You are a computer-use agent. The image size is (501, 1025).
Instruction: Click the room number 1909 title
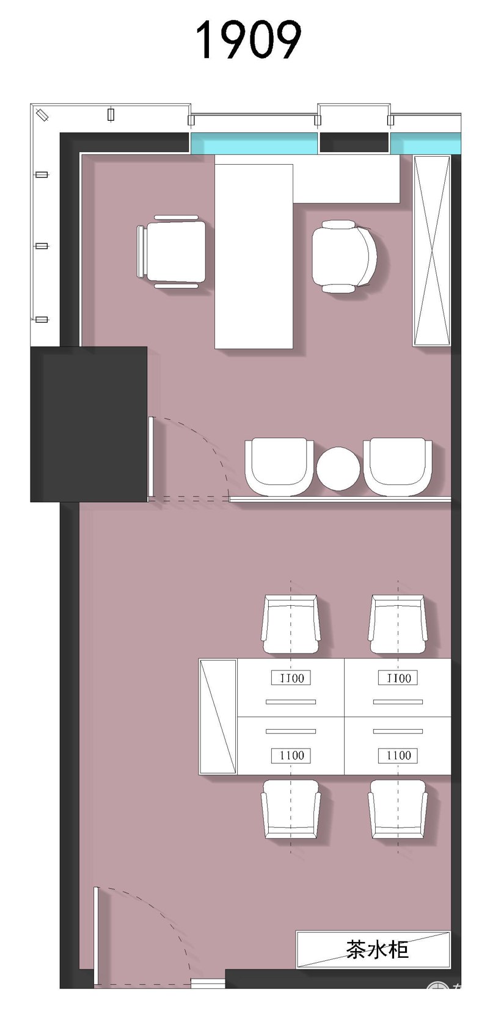pyautogui.click(x=249, y=40)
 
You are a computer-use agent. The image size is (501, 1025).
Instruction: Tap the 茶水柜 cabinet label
pyautogui.click(x=377, y=949)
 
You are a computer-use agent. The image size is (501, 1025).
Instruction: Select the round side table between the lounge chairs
pyautogui.click(x=338, y=469)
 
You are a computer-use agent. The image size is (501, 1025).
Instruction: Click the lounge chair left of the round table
pyautogui.click(x=279, y=467)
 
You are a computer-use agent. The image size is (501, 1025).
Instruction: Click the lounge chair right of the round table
pyautogui.click(x=397, y=467)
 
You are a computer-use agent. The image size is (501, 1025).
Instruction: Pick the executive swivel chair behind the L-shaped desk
pyautogui.click(x=344, y=256)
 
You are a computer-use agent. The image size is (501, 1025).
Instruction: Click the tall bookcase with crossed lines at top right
pyautogui.click(x=432, y=250)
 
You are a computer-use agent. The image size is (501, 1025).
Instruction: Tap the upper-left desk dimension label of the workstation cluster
pyautogui.click(x=291, y=678)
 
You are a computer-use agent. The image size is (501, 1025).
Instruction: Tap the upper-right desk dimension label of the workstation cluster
pyautogui.click(x=398, y=678)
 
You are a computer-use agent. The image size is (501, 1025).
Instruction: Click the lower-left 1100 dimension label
pyautogui.click(x=291, y=755)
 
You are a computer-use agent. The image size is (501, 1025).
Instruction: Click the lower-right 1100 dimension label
pyautogui.click(x=398, y=755)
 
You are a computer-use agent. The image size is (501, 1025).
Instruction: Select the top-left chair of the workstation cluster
pyautogui.click(x=291, y=624)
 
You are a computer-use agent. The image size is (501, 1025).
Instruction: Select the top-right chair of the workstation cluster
pyautogui.click(x=397, y=624)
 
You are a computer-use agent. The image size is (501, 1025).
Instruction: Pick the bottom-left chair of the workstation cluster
pyautogui.click(x=291, y=810)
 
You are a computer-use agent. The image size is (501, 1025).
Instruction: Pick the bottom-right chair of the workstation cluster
pyautogui.click(x=397, y=810)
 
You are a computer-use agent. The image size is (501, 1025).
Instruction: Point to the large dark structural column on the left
pyautogui.click(x=89, y=424)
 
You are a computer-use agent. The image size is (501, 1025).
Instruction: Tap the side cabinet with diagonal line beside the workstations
pyautogui.click(x=218, y=716)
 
